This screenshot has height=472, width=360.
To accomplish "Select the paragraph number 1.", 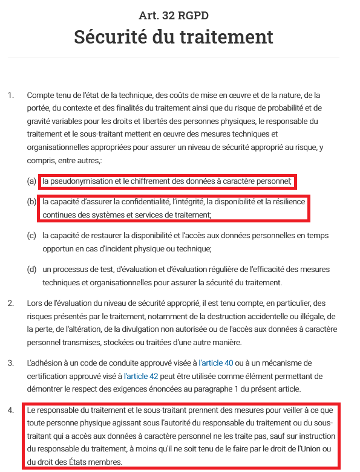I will [x=10, y=95].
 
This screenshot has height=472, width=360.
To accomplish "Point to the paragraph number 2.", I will [x=10, y=303].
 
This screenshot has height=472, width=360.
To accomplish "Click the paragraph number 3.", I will [x=10, y=363].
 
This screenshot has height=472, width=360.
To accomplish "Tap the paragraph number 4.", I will [x=10, y=411].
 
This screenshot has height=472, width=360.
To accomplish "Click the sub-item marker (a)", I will [x=31, y=181].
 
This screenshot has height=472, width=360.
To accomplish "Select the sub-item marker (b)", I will [x=31, y=201].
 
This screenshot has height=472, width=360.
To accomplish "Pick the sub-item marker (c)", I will [x=31, y=234].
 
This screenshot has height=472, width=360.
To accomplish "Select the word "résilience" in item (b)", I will [x=286, y=201].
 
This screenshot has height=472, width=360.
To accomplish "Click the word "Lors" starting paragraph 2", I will [x=34, y=303].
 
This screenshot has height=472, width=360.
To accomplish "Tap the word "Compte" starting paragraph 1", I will [x=41, y=95].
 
